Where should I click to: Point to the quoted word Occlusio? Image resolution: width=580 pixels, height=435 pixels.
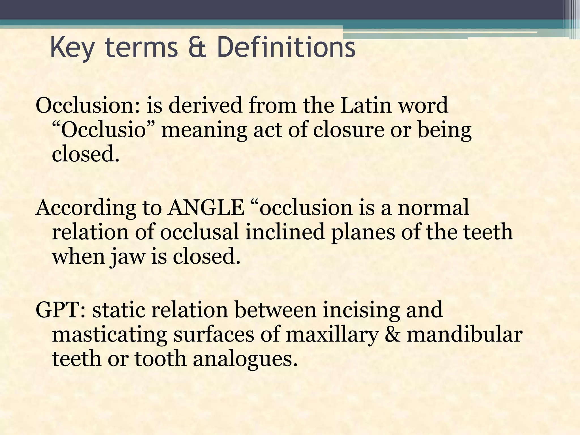coord(103,130)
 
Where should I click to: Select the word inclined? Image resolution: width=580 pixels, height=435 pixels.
coord(285,232)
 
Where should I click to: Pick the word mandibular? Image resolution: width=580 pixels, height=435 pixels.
coord(464,334)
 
